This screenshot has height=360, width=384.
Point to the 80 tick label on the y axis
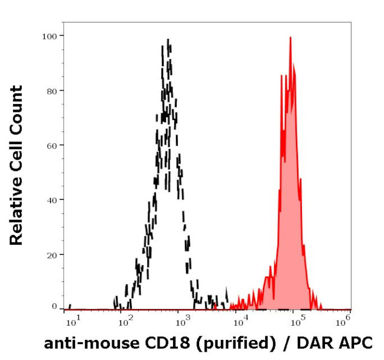click(52, 90)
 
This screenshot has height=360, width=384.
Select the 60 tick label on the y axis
click(52, 145)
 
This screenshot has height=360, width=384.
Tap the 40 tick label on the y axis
click(52, 200)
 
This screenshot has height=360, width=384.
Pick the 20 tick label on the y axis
click(52, 255)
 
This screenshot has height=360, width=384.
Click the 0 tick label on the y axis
click(54, 307)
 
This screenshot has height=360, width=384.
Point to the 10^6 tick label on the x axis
click(343, 320)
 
